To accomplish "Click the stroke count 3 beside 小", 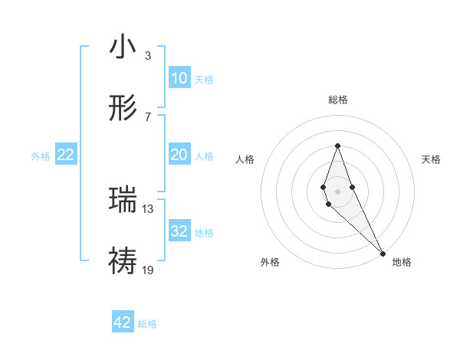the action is (x=147, y=55).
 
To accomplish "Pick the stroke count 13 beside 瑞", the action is (x=148, y=208).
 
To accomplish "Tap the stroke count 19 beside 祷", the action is (x=148, y=269).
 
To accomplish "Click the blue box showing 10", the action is (x=179, y=77).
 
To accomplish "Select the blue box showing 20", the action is (x=179, y=155).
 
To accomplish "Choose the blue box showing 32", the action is (x=179, y=231).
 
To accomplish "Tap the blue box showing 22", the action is (x=66, y=155).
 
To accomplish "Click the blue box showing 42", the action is (x=123, y=322).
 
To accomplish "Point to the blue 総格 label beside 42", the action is (x=148, y=324).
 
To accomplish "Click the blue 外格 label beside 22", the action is (x=41, y=156).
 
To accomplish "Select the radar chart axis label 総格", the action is (x=338, y=100).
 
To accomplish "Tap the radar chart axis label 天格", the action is (x=432, y=159).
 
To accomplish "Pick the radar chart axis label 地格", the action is (x=402, y=262).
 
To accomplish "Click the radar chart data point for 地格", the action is (x=383, y=253).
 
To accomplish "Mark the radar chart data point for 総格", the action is (x=338, y=146).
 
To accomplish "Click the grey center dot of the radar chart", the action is (x=338, y=191).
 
